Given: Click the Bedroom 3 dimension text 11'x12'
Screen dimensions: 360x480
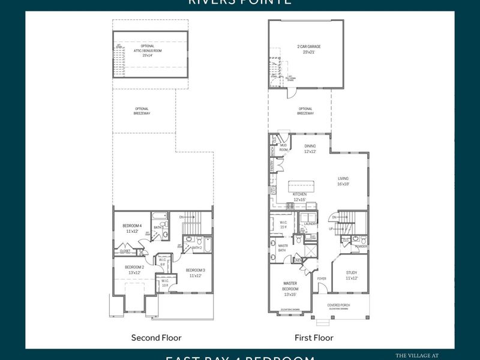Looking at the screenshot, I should click(196, 275).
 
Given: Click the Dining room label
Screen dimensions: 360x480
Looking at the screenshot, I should click(310, 146).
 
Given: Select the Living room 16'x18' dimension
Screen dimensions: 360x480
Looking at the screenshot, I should click(343, 184).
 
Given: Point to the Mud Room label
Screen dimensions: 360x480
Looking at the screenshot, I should click(284, 148).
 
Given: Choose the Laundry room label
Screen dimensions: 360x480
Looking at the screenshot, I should click(310, 223).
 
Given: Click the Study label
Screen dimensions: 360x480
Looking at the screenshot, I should click(351, 272).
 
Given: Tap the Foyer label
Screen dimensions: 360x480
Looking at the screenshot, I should click(322, 278).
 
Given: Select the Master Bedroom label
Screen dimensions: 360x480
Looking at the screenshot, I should click(290, 286).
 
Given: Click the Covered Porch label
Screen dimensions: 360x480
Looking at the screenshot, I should click(340, 305).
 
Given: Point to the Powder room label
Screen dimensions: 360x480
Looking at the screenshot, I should click(361, 246).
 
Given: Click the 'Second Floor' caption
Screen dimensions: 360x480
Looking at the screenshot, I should click(156, 338).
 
